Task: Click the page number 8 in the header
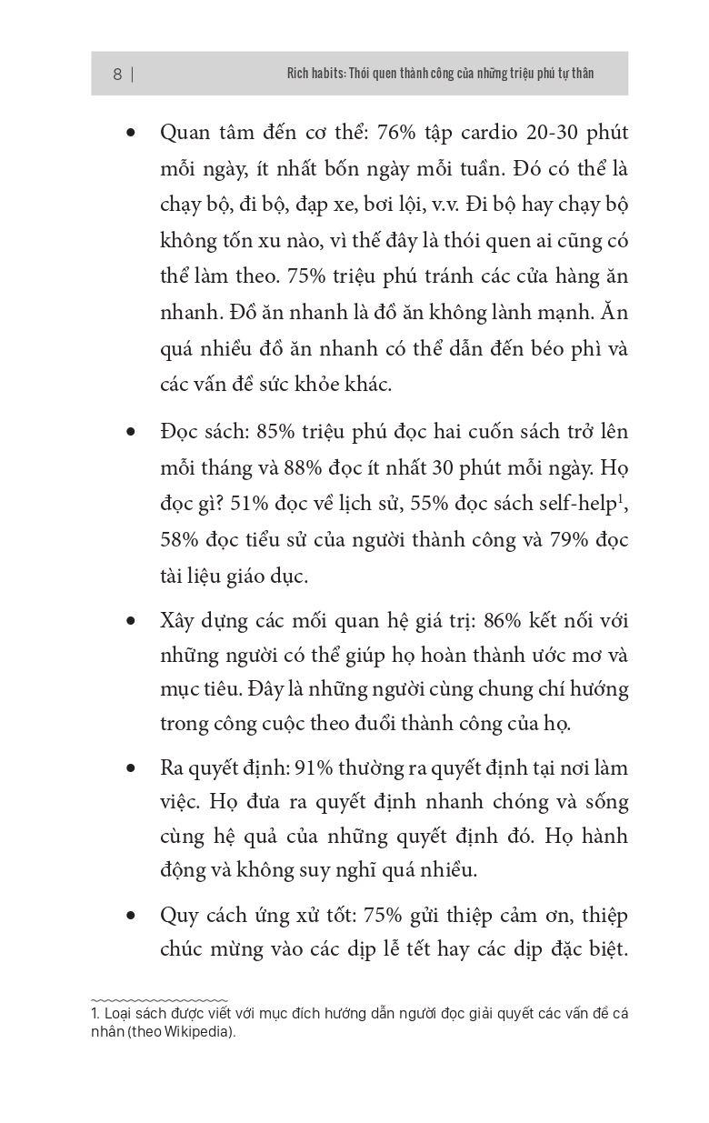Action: [117, 75]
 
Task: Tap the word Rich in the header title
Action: [286, 74]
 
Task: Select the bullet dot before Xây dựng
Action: [132, 622]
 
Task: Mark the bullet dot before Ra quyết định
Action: [132, 769]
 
